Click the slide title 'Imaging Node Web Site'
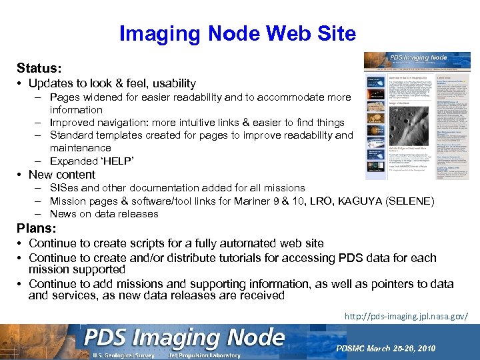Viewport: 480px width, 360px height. tap(237, 33)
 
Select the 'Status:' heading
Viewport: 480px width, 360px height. tap(39, 68)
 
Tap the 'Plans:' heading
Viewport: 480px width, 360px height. tap(36, 229)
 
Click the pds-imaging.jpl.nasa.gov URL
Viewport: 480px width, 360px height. tap(406, 315)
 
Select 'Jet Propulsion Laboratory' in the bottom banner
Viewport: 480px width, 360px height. tap(205, 355)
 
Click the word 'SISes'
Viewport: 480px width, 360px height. tap(65, 188)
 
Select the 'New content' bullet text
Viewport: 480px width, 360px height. tap(62, 175)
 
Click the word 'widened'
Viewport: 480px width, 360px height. tap(103, 97)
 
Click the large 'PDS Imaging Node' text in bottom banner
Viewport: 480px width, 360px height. tap(184, 339)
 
